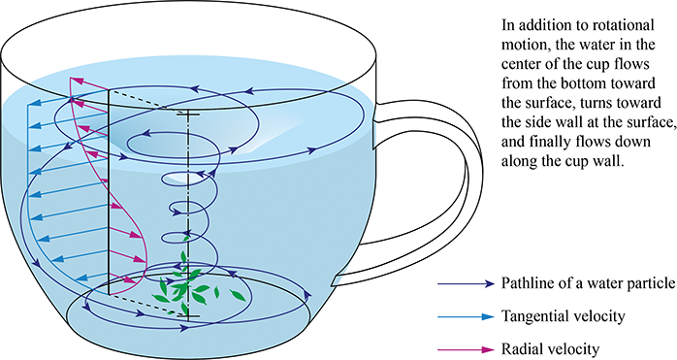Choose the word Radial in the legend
(522, 348)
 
